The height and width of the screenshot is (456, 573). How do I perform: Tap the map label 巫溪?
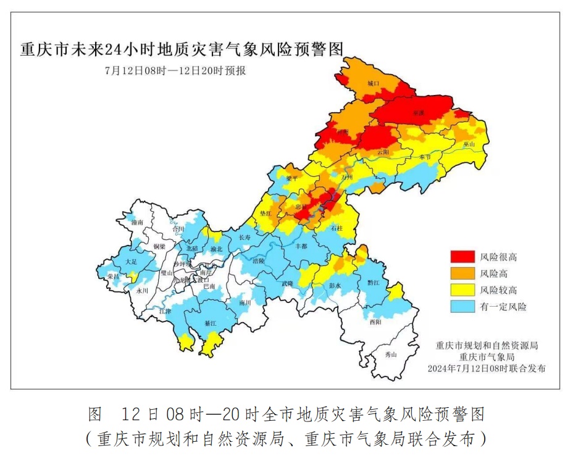click(x=419, y=114)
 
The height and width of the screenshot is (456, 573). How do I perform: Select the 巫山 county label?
click(x=469, y=144)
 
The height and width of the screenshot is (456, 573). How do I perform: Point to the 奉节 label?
click(x=425, y=157)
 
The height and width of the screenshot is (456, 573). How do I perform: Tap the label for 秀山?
click(x=391, y=354)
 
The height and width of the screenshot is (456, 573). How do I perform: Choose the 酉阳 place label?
click(x=376, y=321)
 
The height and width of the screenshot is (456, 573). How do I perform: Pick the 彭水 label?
click(x=335, y=286)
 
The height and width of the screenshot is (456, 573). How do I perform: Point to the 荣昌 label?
click(x=112, y=276)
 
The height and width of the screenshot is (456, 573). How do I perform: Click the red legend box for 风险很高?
click(x=462, y=256)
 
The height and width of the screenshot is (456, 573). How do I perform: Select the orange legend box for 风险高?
click(x=462, y=273)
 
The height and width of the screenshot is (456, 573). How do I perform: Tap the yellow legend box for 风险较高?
click(x=462, y=289)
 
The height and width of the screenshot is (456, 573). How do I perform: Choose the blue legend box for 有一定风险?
click(x=462, y=306)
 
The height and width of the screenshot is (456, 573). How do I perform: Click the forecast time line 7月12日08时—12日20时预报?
click(x=175, y=70)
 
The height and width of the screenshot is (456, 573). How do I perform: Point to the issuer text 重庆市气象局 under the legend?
click(x=487, y=357)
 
